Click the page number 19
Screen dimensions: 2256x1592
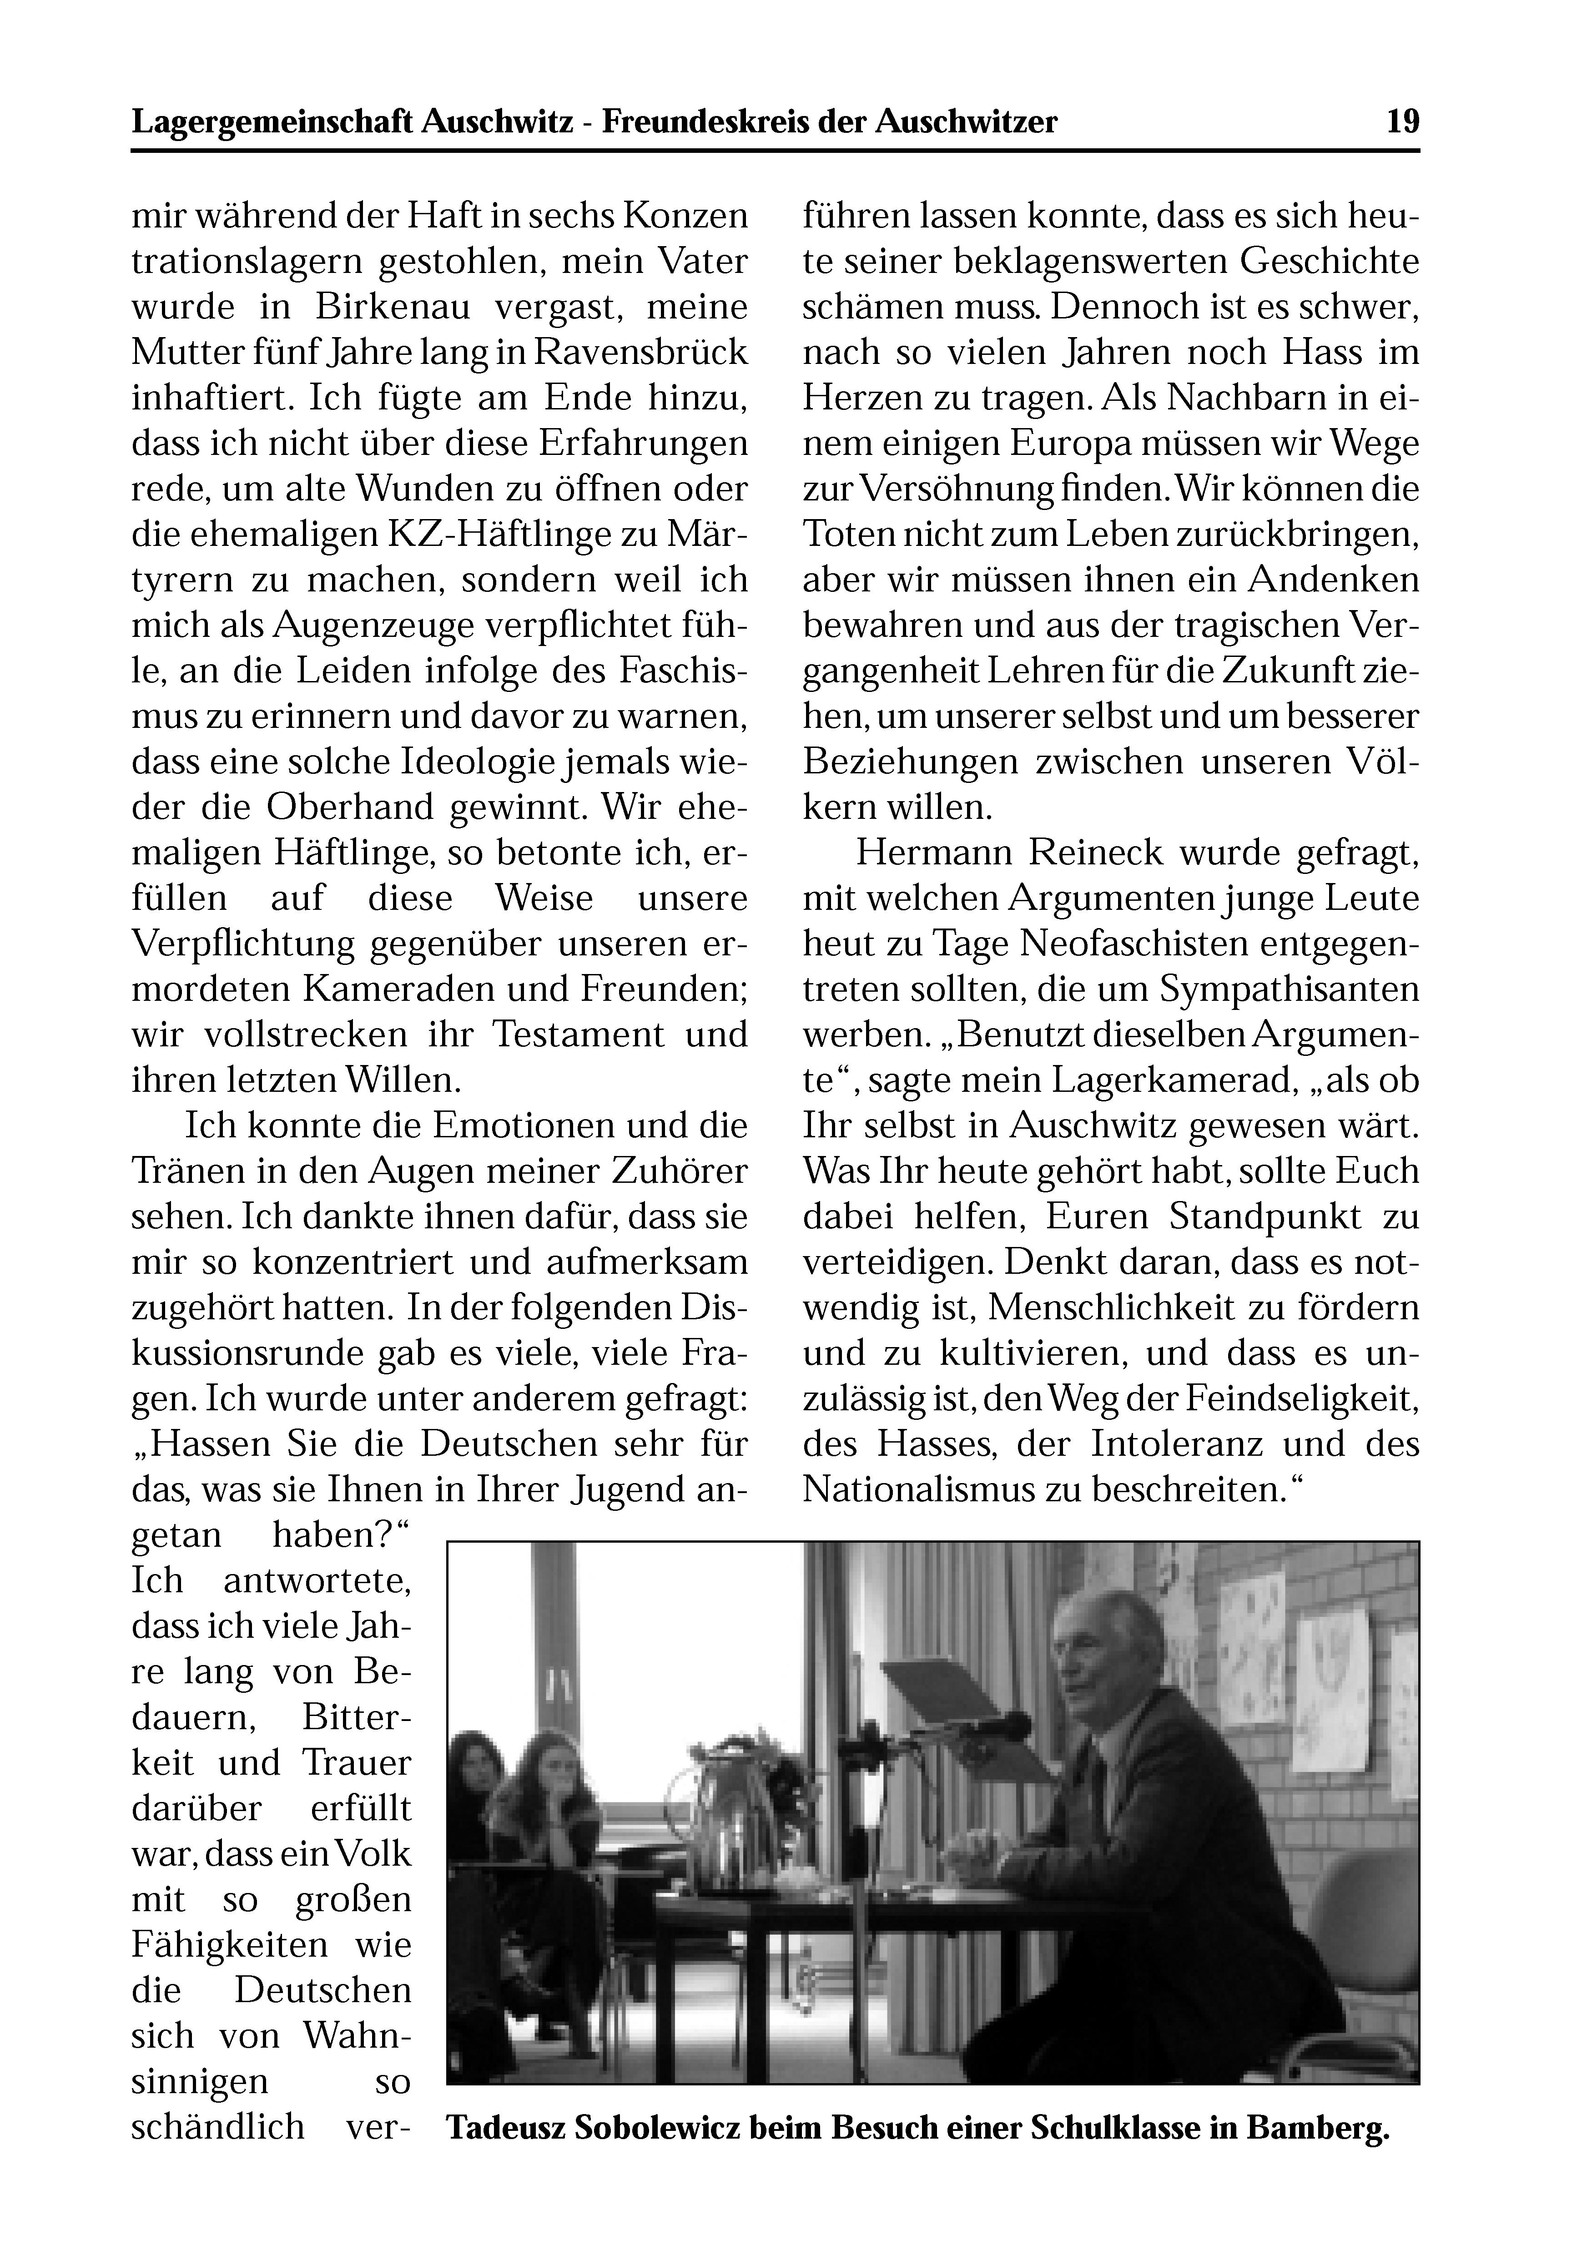pos(1402,122)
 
